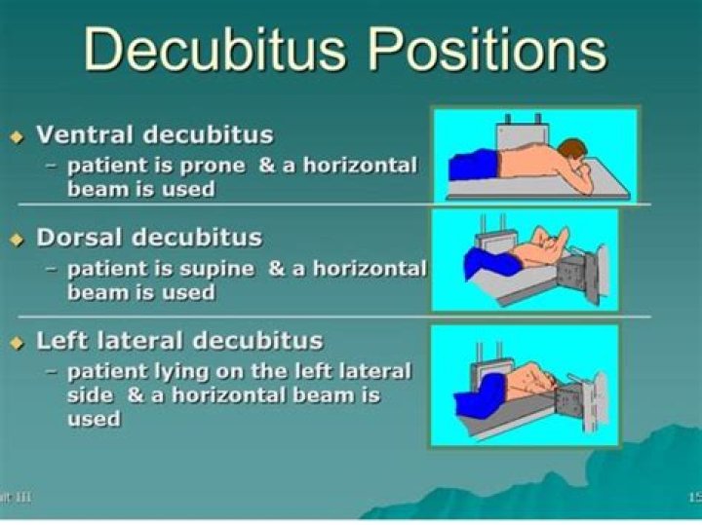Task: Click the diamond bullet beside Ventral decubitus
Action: coord(17,137)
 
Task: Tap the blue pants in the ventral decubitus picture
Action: coord(473,164)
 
